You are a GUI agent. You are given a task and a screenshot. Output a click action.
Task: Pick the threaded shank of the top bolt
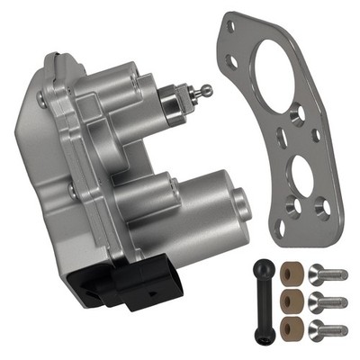pos(335,276)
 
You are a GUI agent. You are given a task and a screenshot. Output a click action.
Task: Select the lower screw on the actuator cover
pos(71,191)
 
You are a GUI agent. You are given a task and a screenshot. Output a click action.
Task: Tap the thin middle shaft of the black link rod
pos(259,301)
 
